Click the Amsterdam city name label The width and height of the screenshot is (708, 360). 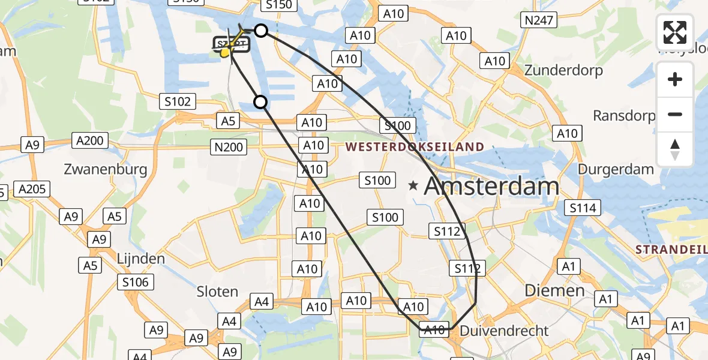[491, 187]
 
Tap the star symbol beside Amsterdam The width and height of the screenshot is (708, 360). [413, 187]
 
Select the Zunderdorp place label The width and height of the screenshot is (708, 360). [563, 70]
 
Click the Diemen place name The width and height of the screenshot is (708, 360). [546, 290]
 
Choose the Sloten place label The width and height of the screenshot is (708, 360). [217, 292]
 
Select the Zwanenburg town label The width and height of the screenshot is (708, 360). [106, 169]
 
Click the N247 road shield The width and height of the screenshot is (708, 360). [539, 20]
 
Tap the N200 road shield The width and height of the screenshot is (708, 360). [229, 146]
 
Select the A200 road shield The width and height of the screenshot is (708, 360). [90, 141]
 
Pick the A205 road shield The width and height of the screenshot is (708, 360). [32, 190]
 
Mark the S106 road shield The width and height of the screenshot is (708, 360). [137, 281]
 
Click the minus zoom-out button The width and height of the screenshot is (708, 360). [675, 114]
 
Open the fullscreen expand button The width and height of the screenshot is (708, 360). [675, 32]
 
